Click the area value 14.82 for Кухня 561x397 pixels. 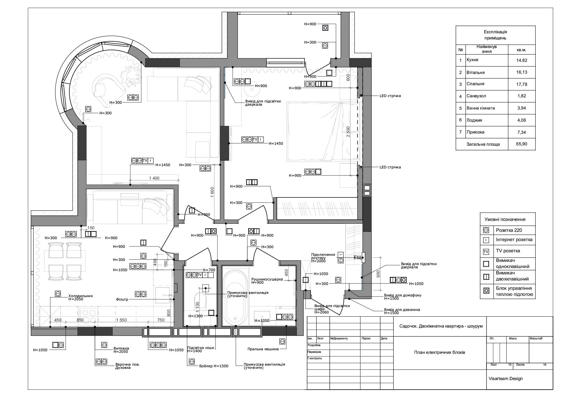tap(521, 60)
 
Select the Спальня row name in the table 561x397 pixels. tap(475, 84)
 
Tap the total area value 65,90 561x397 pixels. tap(521, 144)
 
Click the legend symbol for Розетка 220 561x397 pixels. tap(486, 230)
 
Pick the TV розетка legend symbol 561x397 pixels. tap(486, 251)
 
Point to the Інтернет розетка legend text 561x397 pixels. tap(514, 239)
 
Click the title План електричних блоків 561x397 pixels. tap(439, 352)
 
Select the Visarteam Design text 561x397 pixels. tap(506, 378)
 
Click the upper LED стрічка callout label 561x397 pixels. tap(390, 96)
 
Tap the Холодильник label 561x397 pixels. tap(81, 296)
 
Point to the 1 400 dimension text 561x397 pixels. tap(154, 178)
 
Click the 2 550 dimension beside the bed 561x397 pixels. tap(348, 132)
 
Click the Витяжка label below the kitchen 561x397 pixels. tap(121, 348)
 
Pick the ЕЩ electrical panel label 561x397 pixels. tap(357, 257)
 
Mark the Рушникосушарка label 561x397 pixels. tap(267, 279)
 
